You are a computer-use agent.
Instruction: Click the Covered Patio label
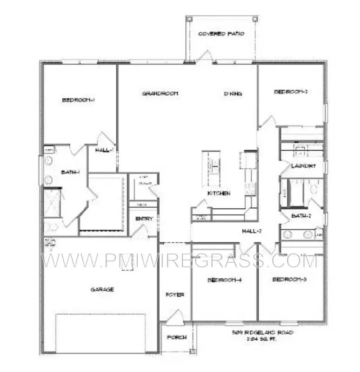coord(221,34)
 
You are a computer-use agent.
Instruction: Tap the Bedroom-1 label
coord(79,100)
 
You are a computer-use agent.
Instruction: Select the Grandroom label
coord(160,93)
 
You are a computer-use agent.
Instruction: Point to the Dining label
coord(233,93)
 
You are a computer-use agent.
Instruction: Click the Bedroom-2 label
coord(291,92)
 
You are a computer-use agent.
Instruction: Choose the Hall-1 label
coord(105,150)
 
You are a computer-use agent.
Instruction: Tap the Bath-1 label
coord(71,172)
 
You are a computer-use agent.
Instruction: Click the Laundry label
coord(303,166)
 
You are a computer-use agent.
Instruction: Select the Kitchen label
coord(219,193)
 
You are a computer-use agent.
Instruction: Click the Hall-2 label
coord(253,231)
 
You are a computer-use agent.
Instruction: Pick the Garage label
coord(102,289)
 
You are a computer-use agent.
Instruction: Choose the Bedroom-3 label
coord(289,279)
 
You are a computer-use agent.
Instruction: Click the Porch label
coord(177,338)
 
